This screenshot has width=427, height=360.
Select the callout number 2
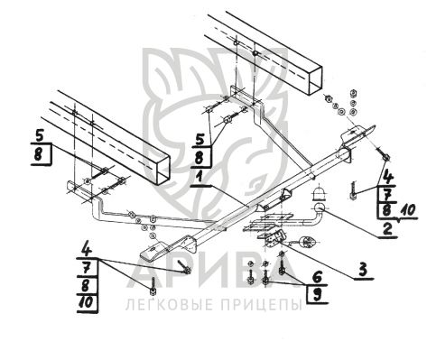coord(388,227)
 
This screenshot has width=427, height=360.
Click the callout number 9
coord(317,294)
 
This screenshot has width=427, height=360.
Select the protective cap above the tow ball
coord(319,194)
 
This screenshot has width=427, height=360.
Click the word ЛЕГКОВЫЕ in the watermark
coord(169,305)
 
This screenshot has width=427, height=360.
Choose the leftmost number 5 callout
coord(40,136)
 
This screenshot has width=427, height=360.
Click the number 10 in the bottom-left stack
coord(86,302)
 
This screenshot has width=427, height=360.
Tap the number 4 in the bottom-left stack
coord(87,250)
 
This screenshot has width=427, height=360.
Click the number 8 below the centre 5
coord(200,158)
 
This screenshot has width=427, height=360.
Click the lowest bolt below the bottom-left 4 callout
coord(153,286)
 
